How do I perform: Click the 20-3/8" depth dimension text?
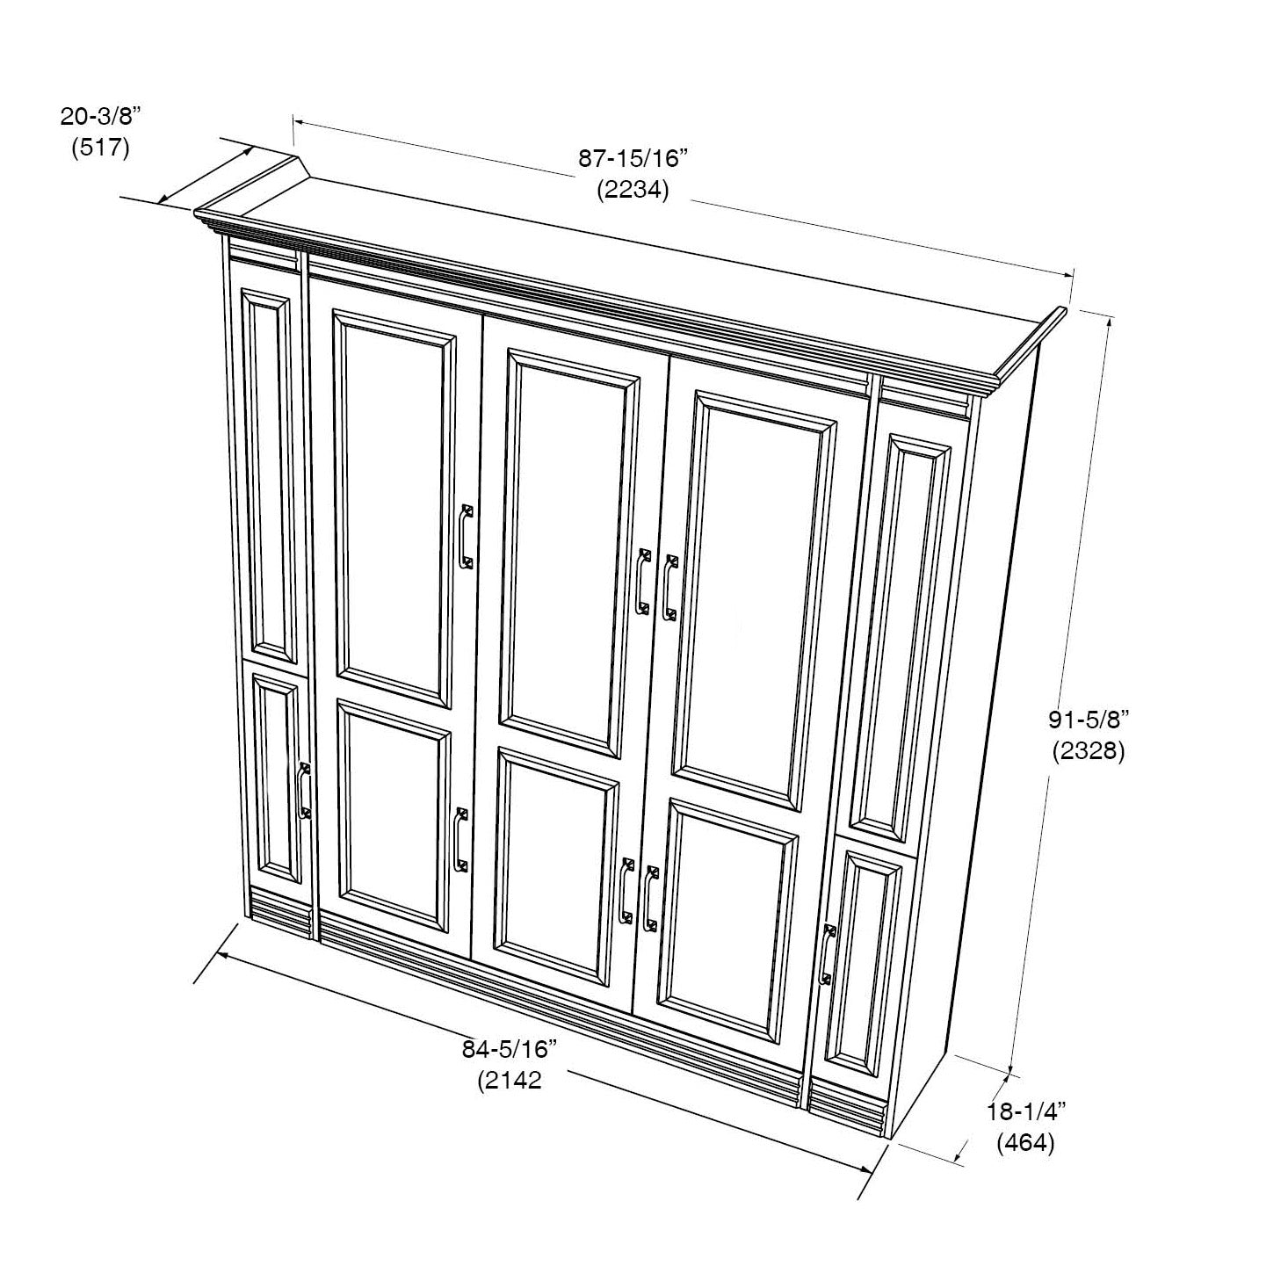coord(101,117)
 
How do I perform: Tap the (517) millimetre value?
coord(100,147)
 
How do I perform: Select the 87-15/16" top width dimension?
coord(633,158)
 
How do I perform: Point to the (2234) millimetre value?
coord(633,190)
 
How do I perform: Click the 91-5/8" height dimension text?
coord(1089,720)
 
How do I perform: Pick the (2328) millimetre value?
coord(1089,751)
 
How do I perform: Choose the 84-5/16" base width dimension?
coord(510,1049)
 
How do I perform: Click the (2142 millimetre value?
coord(510,1081)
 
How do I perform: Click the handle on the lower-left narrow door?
coord(304,790)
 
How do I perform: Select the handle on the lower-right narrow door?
coord(828,954)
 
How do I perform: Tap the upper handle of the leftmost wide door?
coord(467,537)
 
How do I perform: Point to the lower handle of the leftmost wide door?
coord(459,840)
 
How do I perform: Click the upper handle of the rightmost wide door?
coord(670,588)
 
